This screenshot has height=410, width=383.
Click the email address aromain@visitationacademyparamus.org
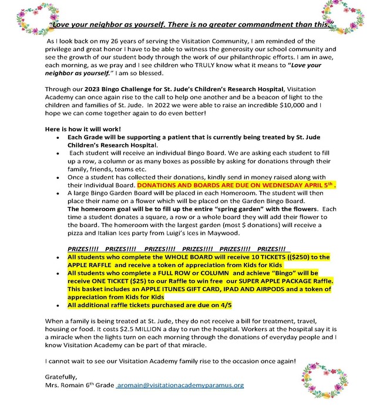tap(180, 385)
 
